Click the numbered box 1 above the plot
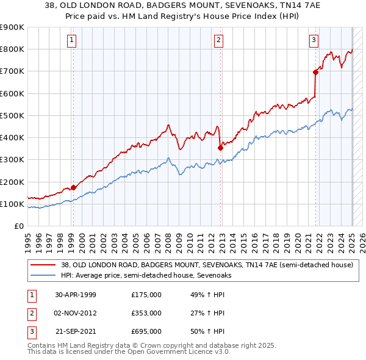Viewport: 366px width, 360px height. (72, 41)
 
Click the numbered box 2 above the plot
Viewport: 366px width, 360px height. (218, 41)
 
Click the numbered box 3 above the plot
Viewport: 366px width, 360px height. (314, 41)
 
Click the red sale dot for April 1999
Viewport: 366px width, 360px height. (73, 187)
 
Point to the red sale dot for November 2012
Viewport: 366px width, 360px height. (220, 148)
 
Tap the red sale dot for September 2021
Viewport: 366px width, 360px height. (316, 72)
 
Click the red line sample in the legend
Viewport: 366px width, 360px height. (43, 265)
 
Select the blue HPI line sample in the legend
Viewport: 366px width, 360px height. (43, 276)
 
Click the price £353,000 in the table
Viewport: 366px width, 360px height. (146, 313)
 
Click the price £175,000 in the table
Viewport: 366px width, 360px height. (146, 295)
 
